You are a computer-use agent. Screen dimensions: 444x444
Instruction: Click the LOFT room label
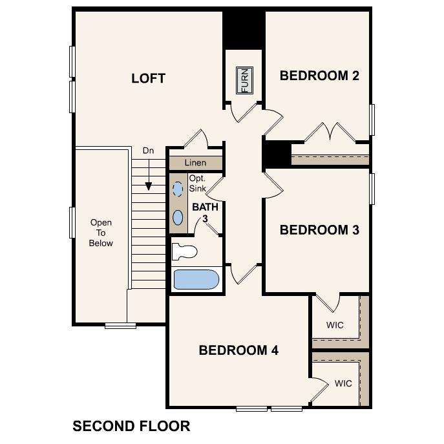(x=148, y=79)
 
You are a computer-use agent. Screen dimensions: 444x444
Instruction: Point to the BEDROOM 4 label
(x=238, y=350)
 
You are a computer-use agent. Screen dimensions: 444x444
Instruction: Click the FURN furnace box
(x=244, y=80)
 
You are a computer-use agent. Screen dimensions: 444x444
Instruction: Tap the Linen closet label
(x=196, y=163)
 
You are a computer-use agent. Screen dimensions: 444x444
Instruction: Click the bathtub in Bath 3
(x=196, y=280)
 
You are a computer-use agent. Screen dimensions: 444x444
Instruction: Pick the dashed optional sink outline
(x=178, y=189)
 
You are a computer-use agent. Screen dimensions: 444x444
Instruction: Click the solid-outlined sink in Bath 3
(x=178, y=217)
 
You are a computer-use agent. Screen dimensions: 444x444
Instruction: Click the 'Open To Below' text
(x=101, y=233)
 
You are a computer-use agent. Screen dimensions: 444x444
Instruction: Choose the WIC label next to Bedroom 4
(x=343, y=384)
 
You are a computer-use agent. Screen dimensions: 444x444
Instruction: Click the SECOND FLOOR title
(x=131, y=426)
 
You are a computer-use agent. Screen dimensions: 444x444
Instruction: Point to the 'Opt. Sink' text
(x=197, y=184)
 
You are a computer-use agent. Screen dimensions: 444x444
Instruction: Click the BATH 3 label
(x=205, y=213)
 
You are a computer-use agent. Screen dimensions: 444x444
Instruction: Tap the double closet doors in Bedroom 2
(x=330, y=132)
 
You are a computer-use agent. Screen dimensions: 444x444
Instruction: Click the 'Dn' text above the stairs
(x=148, y=151)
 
